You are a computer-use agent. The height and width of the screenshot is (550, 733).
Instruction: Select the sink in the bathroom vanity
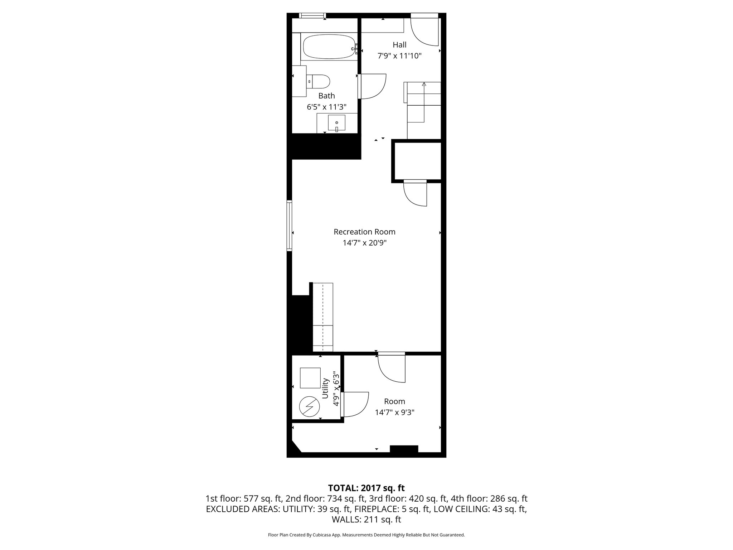336,123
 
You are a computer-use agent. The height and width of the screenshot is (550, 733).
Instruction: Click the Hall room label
399,45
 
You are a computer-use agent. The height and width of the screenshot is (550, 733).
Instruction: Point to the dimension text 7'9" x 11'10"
399,56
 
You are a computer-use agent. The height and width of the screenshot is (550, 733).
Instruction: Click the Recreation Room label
364,232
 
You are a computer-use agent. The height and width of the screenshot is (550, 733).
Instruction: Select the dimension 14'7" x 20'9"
364,243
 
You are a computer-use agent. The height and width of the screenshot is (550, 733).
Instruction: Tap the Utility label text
325,388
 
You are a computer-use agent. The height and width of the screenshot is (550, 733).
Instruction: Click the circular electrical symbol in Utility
309,406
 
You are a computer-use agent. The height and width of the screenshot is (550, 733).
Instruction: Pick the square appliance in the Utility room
310,378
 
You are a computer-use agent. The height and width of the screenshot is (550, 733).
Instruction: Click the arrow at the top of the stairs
424,85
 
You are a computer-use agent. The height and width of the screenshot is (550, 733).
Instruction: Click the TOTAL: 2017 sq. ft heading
366,488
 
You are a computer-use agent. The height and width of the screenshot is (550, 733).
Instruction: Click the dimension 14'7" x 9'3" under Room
394,412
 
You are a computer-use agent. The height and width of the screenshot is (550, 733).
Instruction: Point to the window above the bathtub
312,15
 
